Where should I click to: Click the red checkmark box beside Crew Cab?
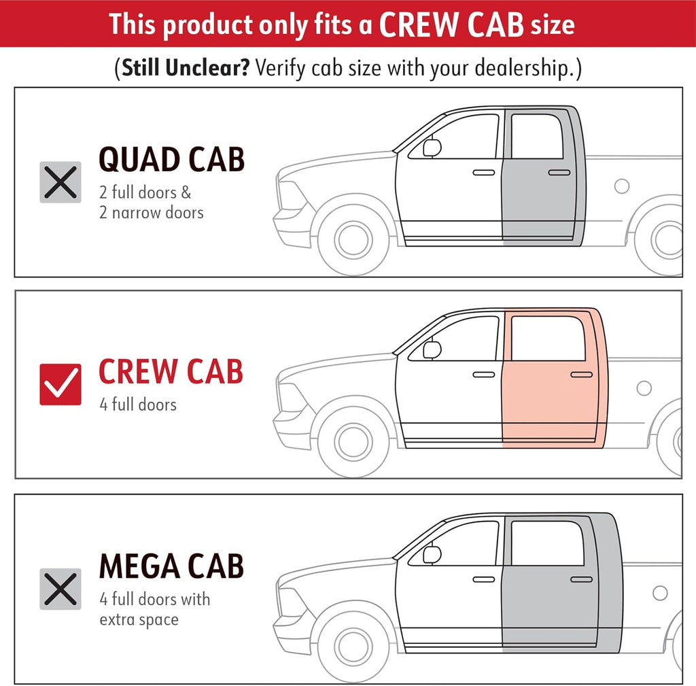coord(60,385)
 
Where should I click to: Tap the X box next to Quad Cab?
coord(60,182)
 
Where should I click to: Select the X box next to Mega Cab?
coord(60,589)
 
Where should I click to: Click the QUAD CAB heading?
coord(172,160)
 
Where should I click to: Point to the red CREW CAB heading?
coord(171,371)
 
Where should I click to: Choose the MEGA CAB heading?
coord(172,566)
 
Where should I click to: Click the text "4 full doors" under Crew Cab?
coord(138,405)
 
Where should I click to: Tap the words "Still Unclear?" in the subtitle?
coord(186,68)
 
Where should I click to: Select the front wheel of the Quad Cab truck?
coord(353,240)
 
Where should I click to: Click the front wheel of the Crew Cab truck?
coord(353,442)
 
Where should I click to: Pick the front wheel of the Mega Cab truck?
coord(353,647)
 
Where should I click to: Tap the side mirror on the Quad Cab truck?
coord(432,148)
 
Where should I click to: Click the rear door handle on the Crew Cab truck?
coord(582,375)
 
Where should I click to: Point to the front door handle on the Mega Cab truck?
coord(484,579)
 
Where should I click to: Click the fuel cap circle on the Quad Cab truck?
coord(622,186)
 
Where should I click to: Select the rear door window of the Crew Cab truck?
coord(549,339)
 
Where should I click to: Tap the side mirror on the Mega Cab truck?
coord(432,555)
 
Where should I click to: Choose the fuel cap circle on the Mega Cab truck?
coord(660,593)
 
